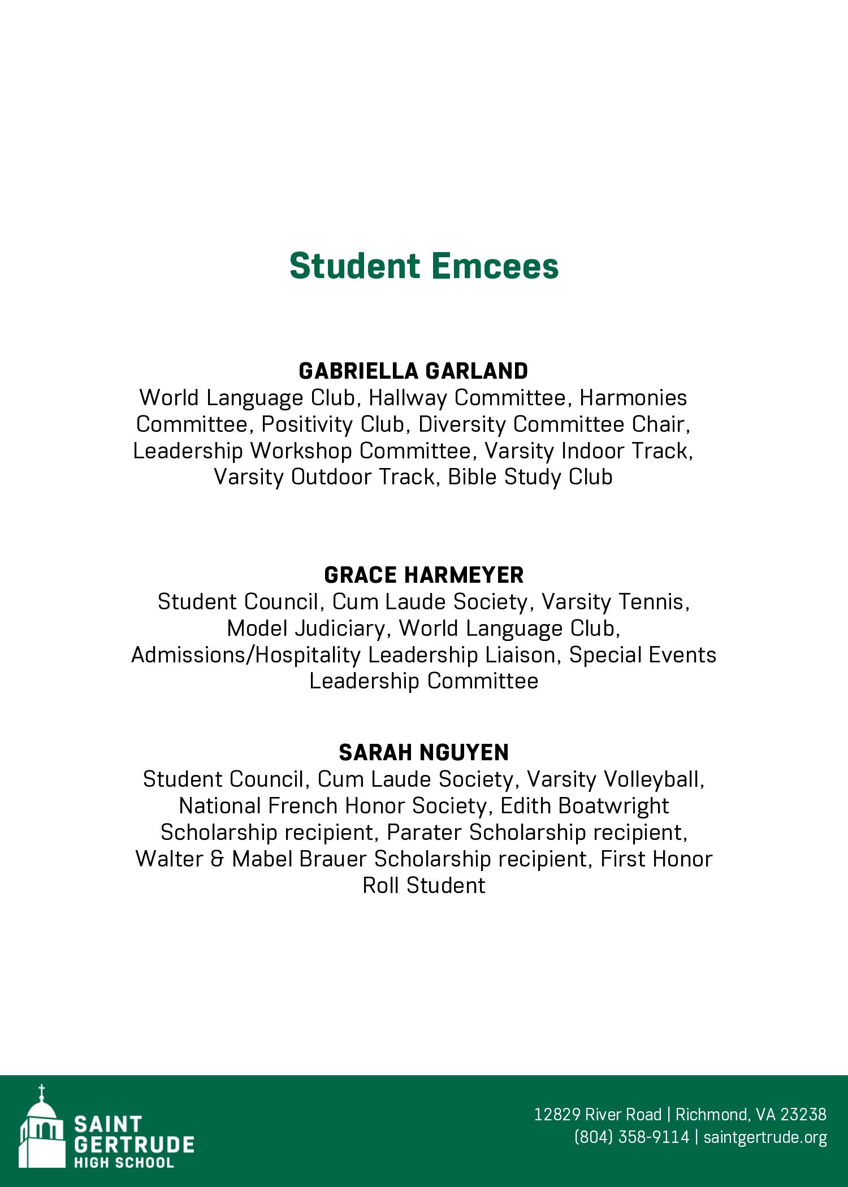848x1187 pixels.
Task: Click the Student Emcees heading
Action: [x=424, y=266]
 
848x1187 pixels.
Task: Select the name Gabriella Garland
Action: [x=413, y=371]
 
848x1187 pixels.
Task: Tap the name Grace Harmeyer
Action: [x=424, y=575]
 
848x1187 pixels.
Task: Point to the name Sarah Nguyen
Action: [x=424, y=753]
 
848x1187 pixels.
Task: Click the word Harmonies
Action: [x=633, y=398]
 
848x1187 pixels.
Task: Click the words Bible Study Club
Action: [x=530, y=477]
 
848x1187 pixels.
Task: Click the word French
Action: [x=302, y=806]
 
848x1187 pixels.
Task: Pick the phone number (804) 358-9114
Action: [x=631, y=1137]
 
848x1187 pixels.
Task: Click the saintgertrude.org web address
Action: [x=765, y=1137]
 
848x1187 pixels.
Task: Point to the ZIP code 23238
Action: [x=803, y=1114]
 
